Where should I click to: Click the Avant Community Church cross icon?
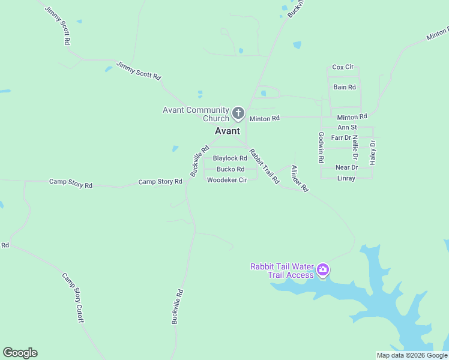point(238,113)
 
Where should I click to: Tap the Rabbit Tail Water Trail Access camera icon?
point(323,271)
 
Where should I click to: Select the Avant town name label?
point(228,131)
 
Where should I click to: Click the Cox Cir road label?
point(343,67)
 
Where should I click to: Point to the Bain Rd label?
point(345,87)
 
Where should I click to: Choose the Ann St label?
point(347,127)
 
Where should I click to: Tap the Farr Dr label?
point(341,137)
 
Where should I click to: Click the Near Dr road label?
point(346,167)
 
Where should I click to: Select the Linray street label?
point(346,178)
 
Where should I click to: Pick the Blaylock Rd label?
point(230,158)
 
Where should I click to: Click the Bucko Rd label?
point(231,169)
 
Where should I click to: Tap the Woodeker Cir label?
point(227,180)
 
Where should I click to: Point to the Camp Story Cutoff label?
point(72,298)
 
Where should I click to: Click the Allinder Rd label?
point(299,178)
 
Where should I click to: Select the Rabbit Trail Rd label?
point(265,166)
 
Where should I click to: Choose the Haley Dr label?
point(372,152)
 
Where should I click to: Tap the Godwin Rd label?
point(321,148)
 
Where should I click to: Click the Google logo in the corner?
point(20,353)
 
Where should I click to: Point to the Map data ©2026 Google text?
point(412,355)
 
